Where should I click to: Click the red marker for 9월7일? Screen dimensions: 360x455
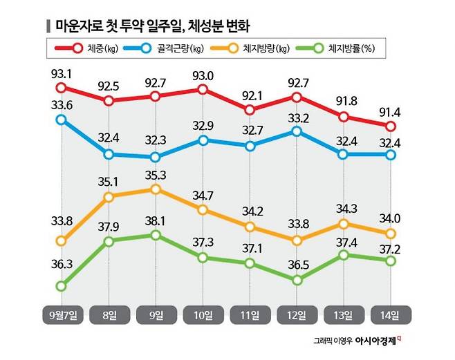(62, 88)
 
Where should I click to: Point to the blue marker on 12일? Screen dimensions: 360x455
(297, 131)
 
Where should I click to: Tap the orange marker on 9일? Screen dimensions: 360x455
(156, 189)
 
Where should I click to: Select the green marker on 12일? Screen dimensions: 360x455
(297, 280)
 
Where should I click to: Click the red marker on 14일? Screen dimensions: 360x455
(391, 126)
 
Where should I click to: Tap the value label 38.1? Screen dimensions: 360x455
(156, 219)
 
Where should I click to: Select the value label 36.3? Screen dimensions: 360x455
(62, 264)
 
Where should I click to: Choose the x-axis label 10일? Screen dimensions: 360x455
(203, 315)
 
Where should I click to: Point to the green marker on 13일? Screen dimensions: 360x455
(344, 256)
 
